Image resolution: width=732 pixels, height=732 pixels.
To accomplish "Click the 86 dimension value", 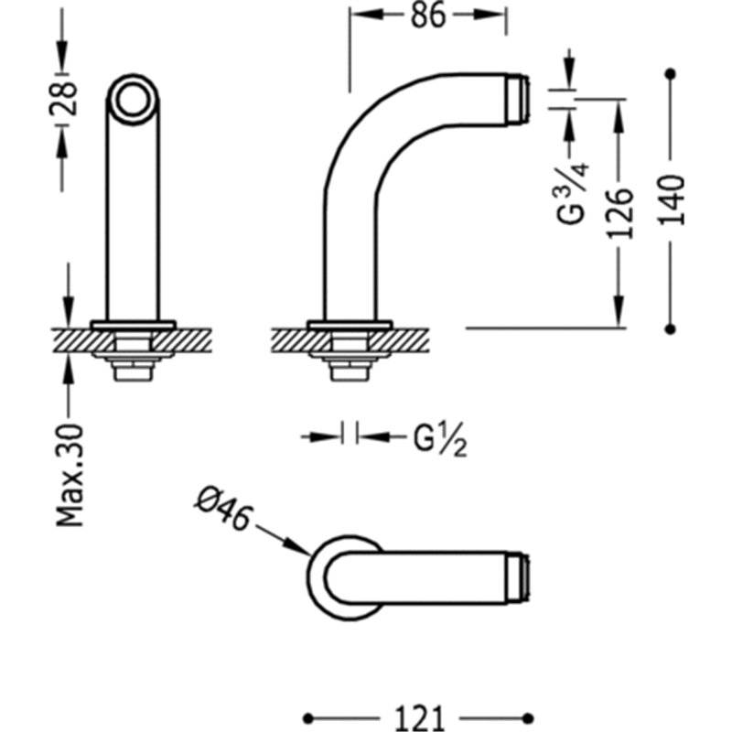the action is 428,16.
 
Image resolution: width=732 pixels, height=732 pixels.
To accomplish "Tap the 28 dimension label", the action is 62,99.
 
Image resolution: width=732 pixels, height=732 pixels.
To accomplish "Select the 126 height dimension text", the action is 620,213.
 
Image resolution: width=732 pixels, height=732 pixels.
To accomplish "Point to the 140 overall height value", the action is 672,200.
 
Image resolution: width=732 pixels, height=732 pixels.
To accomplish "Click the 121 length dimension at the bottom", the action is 419,718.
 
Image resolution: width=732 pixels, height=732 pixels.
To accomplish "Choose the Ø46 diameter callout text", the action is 223,510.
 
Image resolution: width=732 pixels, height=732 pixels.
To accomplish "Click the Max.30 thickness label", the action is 70,476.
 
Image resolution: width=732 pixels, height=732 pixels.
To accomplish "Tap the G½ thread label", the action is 440,439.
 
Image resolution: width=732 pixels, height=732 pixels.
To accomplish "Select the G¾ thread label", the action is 573,193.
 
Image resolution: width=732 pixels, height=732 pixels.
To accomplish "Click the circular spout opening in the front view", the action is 133,100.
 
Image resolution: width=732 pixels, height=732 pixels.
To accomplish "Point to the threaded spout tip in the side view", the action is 518,99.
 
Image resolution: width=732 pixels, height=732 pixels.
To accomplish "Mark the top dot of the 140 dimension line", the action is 671,74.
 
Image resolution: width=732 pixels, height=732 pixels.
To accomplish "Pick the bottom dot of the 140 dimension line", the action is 671,329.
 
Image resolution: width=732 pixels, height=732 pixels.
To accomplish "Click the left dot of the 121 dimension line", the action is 308,718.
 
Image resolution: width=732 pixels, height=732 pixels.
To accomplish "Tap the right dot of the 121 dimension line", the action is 528,718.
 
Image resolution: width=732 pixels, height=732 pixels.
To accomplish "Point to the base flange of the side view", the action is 350,325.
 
